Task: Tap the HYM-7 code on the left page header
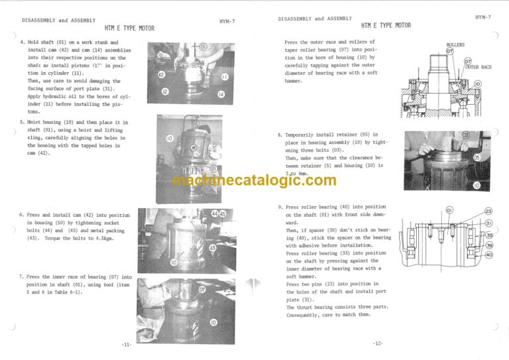tap(227, 22)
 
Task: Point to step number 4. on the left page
tap(24, 42)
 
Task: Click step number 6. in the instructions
tap(23, 214)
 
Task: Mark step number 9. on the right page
tap(280, 207)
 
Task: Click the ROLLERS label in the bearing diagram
tap(455, 44)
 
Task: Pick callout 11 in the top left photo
tap(225, 77)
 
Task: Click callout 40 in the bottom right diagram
tap(488, 255)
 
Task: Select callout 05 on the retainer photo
tap(477, 158)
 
